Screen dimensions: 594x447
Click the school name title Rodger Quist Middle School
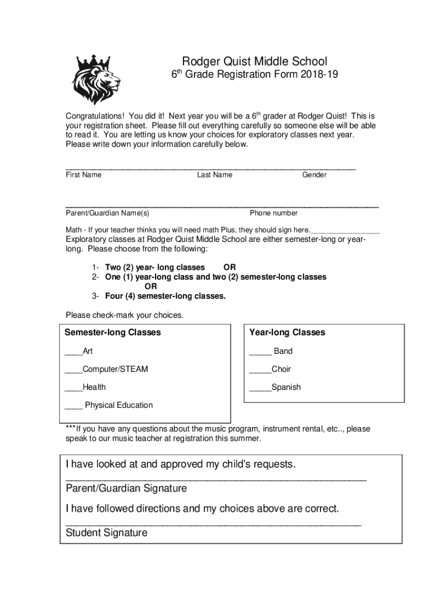[x=255, y=61]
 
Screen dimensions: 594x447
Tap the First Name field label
[x=84, y=175]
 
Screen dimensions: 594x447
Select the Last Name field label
[x=214, y=175]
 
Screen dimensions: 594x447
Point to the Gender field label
[x=314, y=175]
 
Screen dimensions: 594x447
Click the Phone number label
[x=273, y=213]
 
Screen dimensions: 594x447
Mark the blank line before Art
[x=74, y=352]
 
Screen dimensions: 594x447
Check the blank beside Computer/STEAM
[x=74, y=370]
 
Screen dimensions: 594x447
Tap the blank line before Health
[x=74, y=387]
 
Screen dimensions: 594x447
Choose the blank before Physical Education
[x=74, y=405]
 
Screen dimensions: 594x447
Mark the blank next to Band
[x=260, y=352]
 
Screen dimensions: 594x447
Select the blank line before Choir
[x=260, y=370]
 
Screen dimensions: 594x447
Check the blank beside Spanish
[x=260, y=387]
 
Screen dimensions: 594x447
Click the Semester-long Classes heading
[x=113, y=332]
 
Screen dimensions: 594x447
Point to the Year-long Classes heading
[x=287, y=332]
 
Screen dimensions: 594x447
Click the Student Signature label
[x=107, y=533]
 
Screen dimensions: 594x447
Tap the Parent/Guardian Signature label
[x=127, y=488]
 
